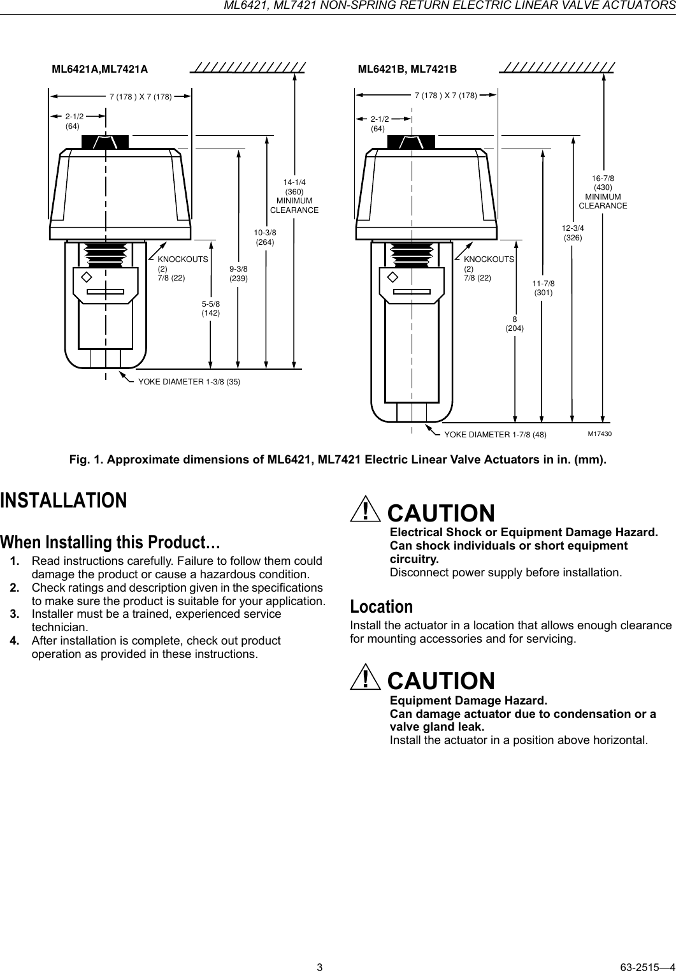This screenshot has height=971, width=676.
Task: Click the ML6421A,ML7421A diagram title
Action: pyautogui.click(x=99, y=69)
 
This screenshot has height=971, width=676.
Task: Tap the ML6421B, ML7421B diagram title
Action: pyautogui.click(x=407, y=69)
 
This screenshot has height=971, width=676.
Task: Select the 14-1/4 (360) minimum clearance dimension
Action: pyautogui.click(x=294, y=196)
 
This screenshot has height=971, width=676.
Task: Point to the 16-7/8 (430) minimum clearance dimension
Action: pyautogui.click(x=603, y=192)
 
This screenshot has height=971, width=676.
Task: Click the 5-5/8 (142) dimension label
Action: pyautogui.click(x=211, y=308)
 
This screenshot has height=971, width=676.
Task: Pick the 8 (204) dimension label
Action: pyautogui.click(x=514, y=323)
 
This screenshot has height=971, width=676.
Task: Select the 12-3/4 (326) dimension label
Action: pyautogui.click(x=573, y=232)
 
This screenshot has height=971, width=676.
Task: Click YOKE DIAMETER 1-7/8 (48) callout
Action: pyautogui.click(x=494, y=435)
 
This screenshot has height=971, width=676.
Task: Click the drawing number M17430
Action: pyautogui.click(x=600, y=434)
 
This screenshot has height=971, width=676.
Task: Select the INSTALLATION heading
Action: pyautogui.click(x=64, y=500)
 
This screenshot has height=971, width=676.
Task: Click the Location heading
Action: pyautogui.click(x=382, y=606)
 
